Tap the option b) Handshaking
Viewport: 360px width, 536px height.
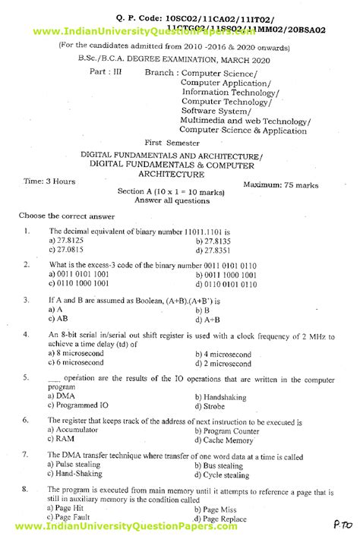222,396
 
